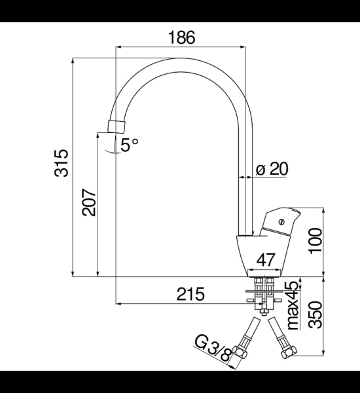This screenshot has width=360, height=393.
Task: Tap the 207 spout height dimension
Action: pos(89,204)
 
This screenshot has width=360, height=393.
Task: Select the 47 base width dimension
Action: pos(266,259)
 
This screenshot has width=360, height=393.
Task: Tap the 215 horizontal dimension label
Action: pos(191,294)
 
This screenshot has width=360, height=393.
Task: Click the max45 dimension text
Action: pos(293,303)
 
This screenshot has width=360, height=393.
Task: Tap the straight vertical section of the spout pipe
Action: pos(246,183)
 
